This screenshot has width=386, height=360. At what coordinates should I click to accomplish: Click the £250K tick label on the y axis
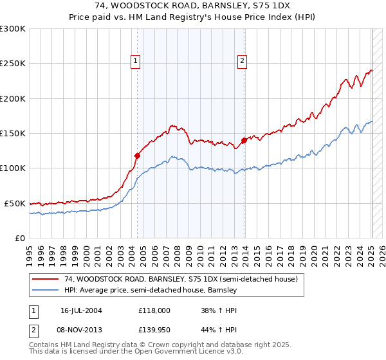[x=13, y=64]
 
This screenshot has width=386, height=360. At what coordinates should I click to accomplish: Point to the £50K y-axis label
[x=15, y=203]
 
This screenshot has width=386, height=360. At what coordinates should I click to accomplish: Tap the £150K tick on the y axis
[x=13, y=134]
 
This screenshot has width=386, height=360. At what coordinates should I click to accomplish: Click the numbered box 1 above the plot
[x=136, y=61]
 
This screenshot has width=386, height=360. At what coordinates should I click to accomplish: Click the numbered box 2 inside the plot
[x=243, y=61]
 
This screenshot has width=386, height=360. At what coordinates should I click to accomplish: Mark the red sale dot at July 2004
[x=137, y=156]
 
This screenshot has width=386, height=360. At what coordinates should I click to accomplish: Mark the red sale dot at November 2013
[x=244, y=140]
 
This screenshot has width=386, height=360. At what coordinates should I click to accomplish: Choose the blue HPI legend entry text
[x=151, y=290]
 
